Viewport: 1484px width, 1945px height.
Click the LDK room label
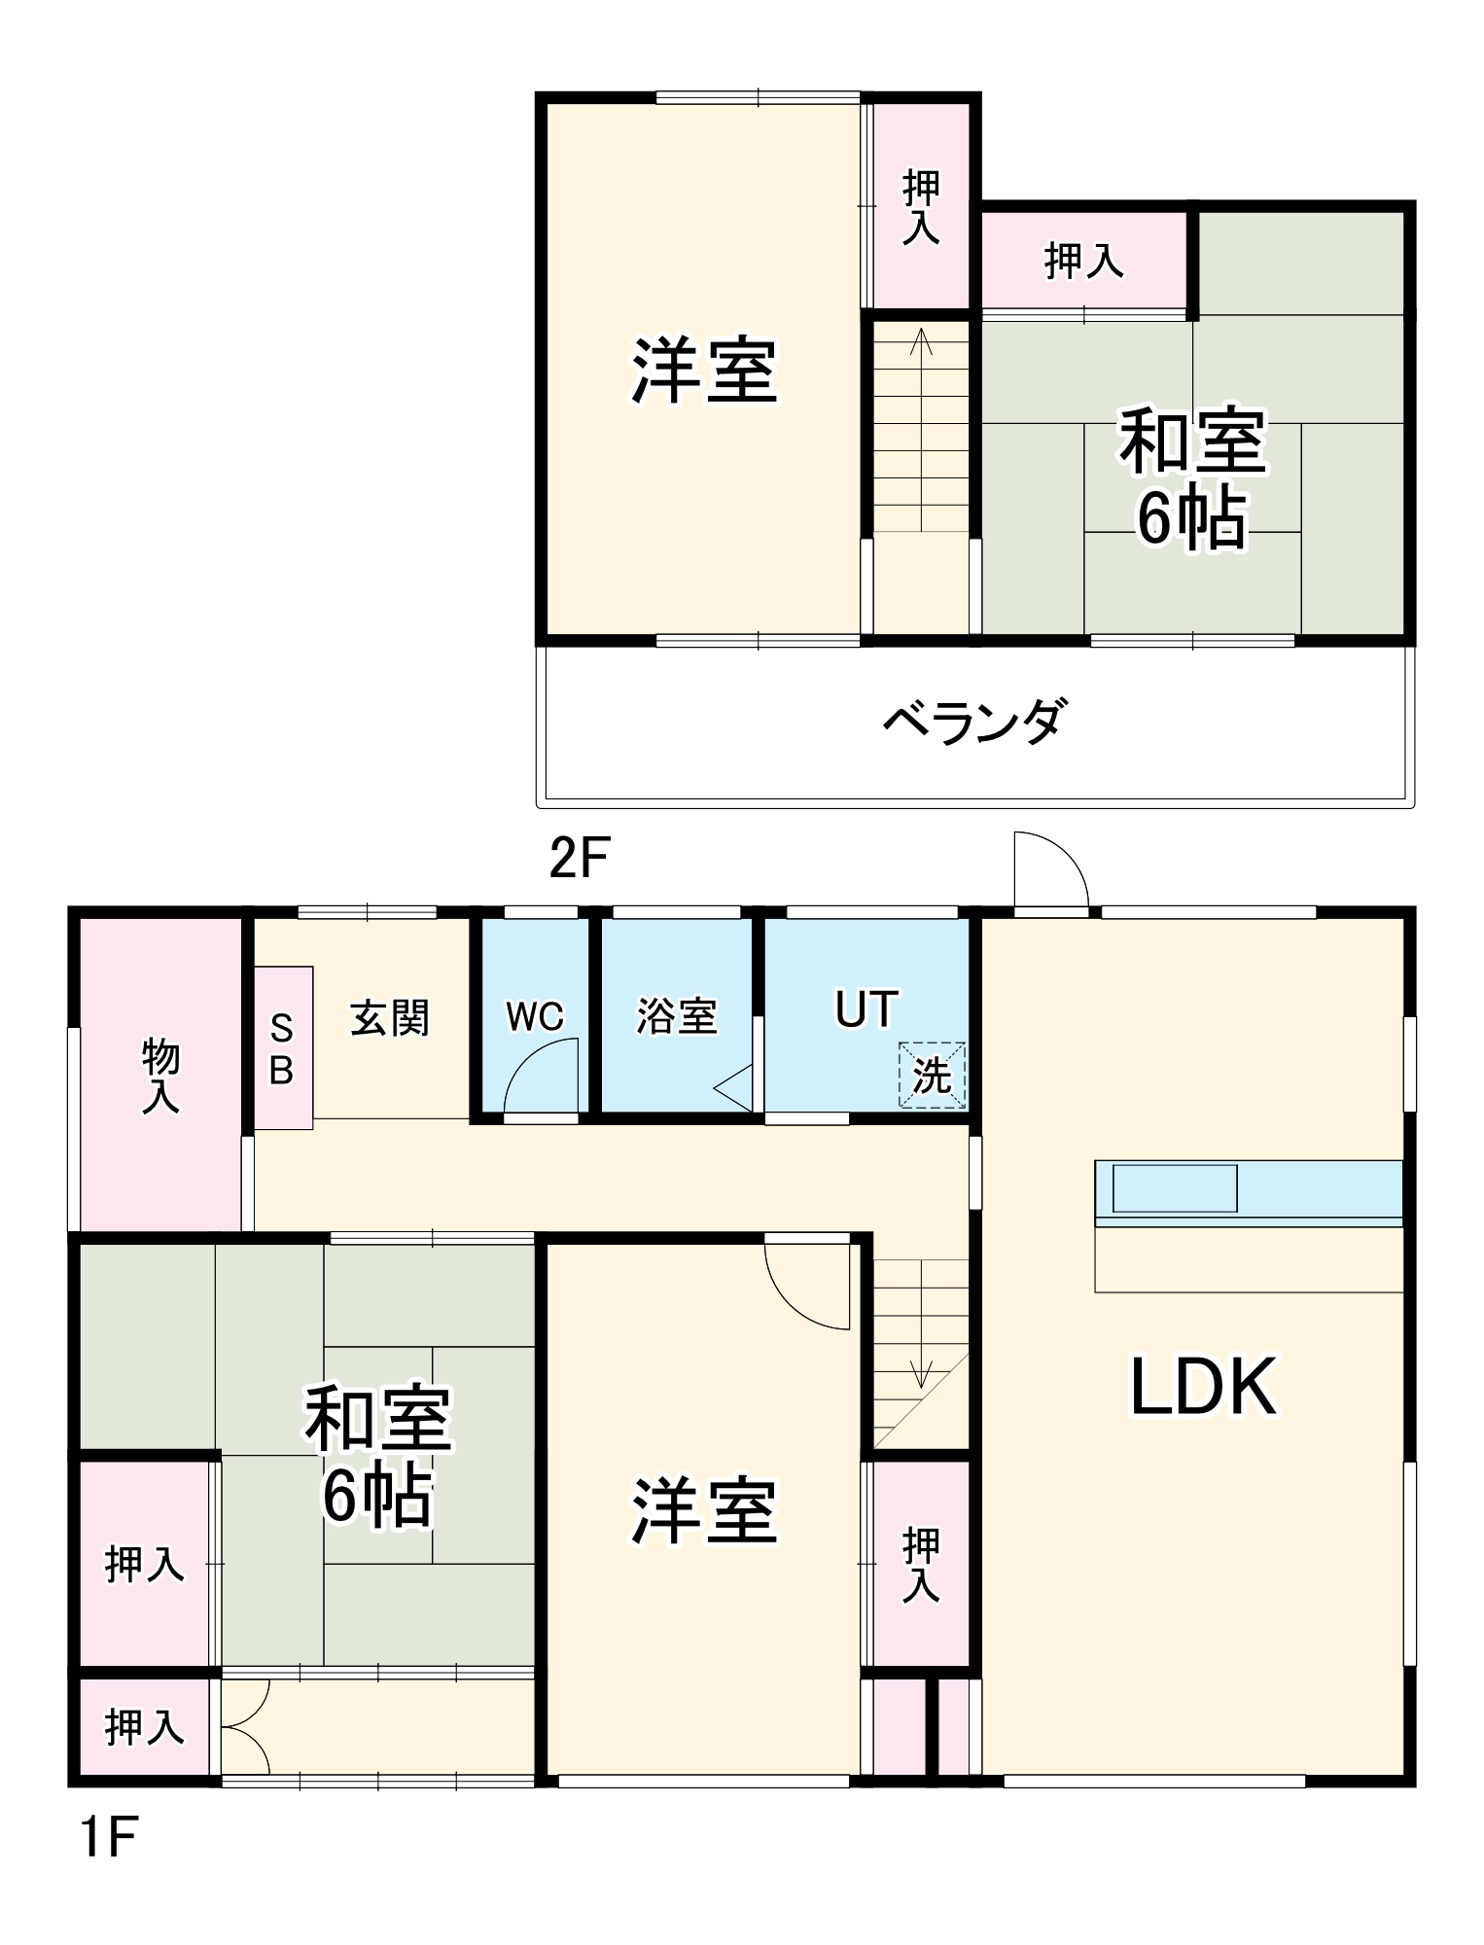point(1203,1387)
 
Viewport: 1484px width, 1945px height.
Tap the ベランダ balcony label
point(974,722)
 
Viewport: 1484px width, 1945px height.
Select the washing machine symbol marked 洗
point(932,1075)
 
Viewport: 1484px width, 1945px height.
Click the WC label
point(535,1016)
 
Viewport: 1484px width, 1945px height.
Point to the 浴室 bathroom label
point(677,1016)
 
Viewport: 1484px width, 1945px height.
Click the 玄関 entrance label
point(389,1018)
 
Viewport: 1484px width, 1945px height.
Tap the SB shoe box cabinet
point(282,1048)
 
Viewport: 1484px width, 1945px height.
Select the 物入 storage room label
point(160,1075)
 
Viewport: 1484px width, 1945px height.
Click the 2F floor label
point(579,859)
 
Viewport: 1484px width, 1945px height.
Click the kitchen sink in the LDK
point(1175,1187)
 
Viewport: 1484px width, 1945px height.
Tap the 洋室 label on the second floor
point(705,371)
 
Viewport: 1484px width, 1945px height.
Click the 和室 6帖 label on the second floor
point(1192,479)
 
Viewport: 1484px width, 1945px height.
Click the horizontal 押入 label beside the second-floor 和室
point(1084,261)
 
